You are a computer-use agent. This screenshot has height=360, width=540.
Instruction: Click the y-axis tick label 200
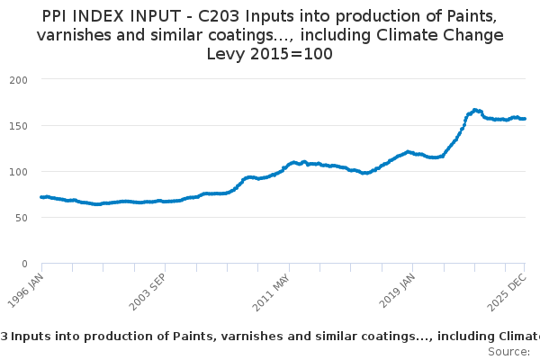(19, 79)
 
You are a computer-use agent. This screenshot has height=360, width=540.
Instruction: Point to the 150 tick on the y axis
(19, 125)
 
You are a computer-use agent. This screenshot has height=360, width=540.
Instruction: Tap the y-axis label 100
(19, 171)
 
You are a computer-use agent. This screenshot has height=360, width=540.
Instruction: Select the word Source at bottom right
(508, 351)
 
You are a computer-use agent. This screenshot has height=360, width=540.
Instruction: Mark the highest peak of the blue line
(474, 110)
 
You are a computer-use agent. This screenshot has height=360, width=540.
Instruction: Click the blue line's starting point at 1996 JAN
(41, 197)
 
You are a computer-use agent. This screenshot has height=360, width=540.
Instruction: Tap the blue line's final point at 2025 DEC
(525, 119)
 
